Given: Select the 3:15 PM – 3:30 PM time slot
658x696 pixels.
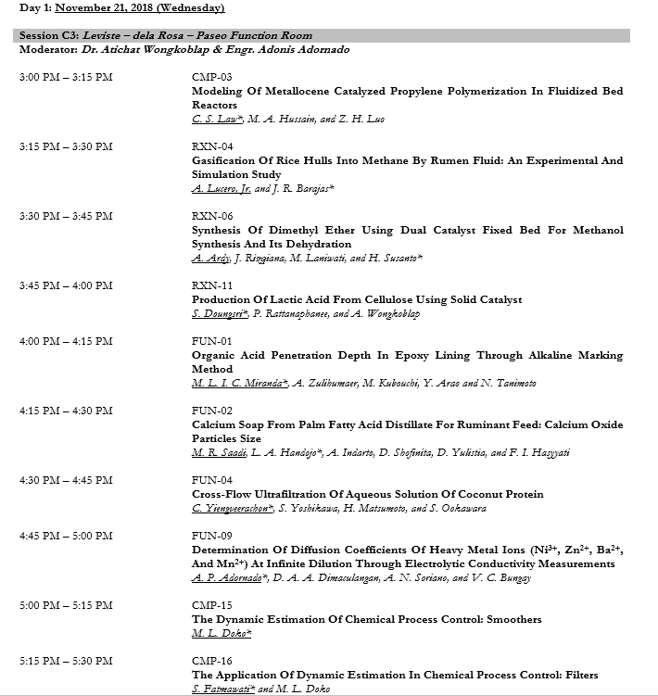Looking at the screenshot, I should click(x=66, y=146).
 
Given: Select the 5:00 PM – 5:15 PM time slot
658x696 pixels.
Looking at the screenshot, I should click(x=66, y=605).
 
